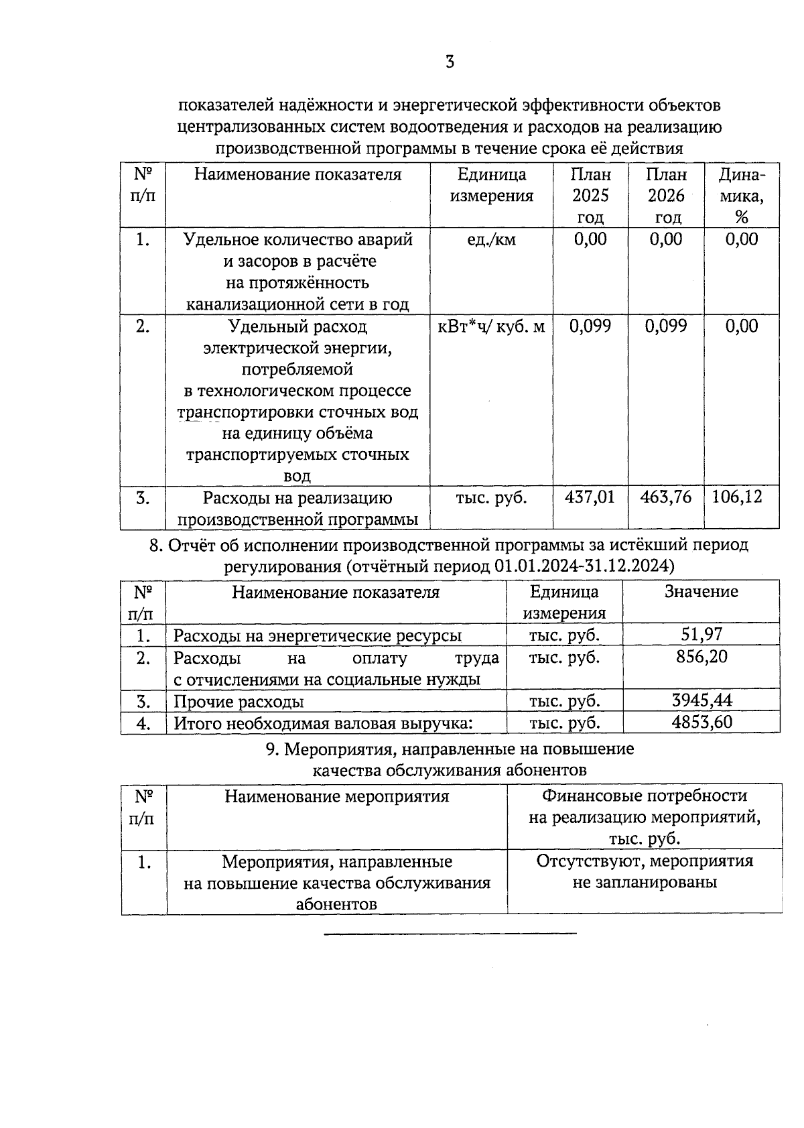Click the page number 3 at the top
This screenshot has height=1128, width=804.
click(x=450, y=62)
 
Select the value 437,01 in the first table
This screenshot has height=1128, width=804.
click(x=590, y=497)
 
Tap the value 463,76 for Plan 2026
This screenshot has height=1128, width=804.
click(x=665, y=497)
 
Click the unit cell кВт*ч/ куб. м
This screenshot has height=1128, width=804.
click(x=491, y=326)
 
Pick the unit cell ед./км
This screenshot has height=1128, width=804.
click(x=491, y=240)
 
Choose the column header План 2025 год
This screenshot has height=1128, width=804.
click(x=590, y=196)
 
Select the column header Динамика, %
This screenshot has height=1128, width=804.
click(x=741, y=196)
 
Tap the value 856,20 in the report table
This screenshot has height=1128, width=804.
click(x=701, y=656)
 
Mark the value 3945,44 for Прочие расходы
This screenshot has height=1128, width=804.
click(x=701, y=701)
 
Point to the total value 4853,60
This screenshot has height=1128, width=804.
click(x=701, y=722)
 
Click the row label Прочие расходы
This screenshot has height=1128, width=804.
click(x=239, y=702)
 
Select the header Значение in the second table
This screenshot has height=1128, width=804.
click(x=701, y=592)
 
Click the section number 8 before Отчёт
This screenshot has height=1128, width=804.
click(x=155, y=546)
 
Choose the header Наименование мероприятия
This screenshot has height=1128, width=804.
click(x=336, y=796)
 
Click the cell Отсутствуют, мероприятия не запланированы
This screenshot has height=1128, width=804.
click(x=645, y=871)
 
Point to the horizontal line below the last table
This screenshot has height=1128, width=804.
click(x=450, y=933)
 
